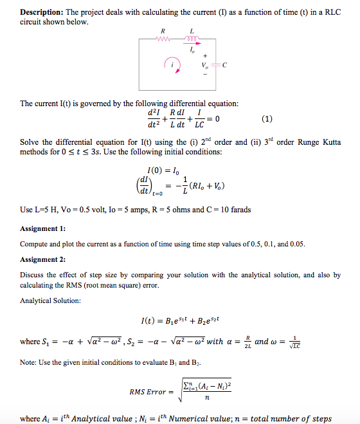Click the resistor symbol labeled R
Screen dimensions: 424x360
pos(164,40)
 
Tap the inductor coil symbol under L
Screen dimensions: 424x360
pos(192,40)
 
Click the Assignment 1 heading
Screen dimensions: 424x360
pos(42,228)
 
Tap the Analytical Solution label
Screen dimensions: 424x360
pos(51,300)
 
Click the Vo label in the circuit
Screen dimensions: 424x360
pos(206,66)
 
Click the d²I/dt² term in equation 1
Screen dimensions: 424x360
pos(156,118)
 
